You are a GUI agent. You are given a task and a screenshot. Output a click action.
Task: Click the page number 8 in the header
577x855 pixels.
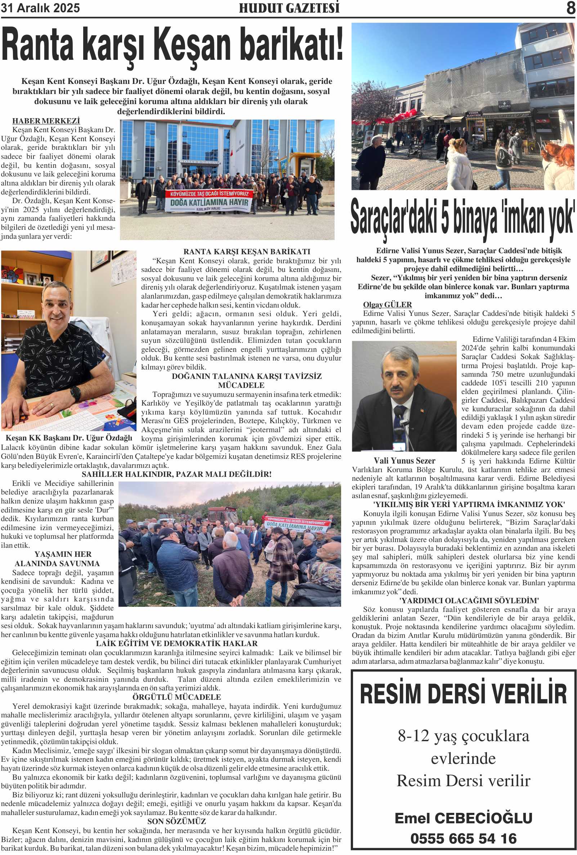coord(571,8)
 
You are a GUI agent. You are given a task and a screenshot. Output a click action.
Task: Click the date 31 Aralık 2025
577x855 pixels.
coord(40,8)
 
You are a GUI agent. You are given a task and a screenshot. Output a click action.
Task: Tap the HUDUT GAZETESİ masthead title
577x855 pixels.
coord(289,8)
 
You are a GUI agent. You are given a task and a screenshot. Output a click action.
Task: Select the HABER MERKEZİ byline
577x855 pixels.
coord(46,121)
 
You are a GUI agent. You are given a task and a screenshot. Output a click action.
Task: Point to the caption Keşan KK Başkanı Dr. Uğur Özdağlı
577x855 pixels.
coord(69,438)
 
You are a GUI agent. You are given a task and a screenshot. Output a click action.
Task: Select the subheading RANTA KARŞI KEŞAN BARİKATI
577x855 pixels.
coord(247,252)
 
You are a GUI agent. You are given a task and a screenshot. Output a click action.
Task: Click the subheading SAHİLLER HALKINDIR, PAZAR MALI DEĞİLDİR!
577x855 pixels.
coord(176,474)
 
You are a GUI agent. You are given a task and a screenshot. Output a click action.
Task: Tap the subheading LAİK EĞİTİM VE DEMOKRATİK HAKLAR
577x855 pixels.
coord(176,644)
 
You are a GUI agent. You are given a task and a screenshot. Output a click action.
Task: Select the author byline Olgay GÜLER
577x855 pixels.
coord(387,305)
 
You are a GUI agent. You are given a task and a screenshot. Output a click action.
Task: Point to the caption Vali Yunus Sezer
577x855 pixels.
coord(404,461)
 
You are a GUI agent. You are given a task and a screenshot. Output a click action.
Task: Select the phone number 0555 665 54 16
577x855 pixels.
coord(463,839)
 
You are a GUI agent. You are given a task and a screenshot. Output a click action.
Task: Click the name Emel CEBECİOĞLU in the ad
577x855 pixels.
coord(463,818)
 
